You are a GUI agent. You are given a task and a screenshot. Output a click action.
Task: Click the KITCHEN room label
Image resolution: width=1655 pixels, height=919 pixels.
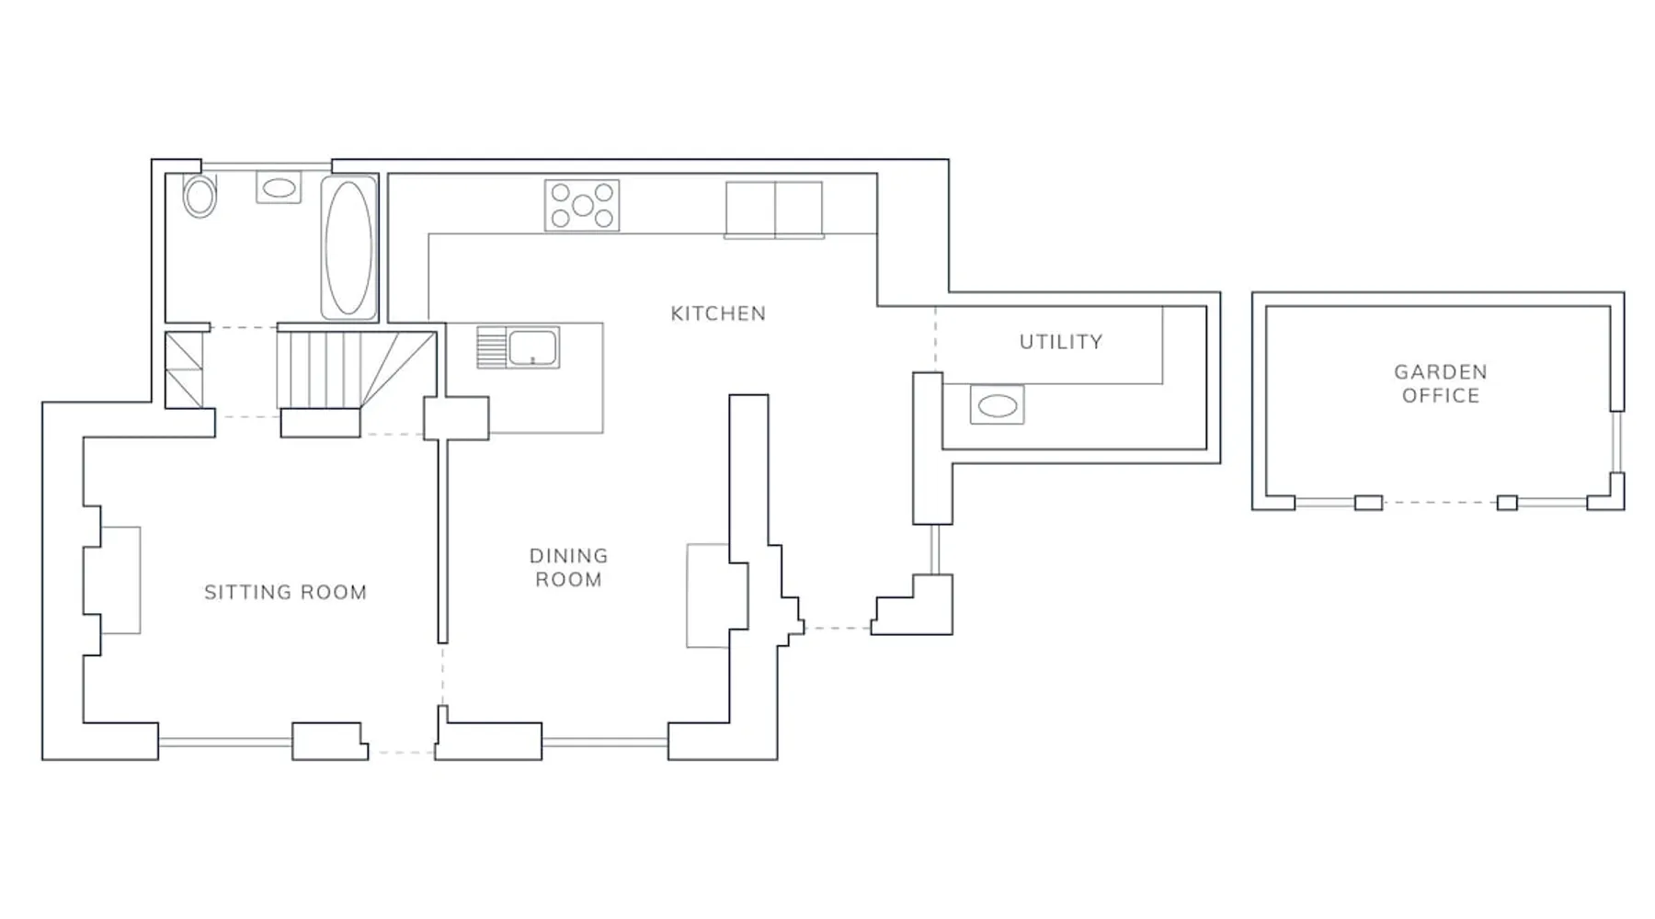click(718, 313)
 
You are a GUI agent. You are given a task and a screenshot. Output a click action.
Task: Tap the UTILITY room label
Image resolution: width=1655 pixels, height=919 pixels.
click(1061, 342)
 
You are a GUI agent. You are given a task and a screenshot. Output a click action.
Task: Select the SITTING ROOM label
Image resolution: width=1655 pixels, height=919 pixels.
click(286, 593)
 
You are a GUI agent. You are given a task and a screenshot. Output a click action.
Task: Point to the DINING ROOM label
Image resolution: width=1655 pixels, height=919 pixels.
click(569, 568)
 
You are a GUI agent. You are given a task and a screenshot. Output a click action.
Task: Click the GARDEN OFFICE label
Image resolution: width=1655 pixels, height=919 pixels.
click(1441, 384)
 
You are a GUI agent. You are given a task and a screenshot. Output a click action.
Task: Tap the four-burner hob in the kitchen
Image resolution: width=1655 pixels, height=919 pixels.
click(582, 205)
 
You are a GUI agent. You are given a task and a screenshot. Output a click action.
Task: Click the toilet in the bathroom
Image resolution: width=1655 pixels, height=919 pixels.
click(200, 196)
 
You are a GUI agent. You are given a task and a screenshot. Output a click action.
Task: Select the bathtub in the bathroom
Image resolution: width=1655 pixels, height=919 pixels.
click(348, 248)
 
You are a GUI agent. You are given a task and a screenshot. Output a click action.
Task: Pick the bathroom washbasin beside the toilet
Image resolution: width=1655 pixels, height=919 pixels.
click(279, 188)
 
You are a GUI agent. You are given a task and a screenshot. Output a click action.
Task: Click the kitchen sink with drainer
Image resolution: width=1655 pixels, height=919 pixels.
click(518, 347)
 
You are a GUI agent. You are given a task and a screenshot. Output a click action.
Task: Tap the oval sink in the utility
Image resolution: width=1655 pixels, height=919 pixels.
click(997, 405)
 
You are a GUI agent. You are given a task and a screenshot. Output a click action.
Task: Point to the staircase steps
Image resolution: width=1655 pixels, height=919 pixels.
click(356, 369)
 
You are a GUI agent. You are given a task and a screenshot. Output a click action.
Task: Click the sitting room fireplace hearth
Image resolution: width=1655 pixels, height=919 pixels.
click(120, 580)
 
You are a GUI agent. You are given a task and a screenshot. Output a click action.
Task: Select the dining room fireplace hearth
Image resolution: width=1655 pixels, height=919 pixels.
click(708, 596)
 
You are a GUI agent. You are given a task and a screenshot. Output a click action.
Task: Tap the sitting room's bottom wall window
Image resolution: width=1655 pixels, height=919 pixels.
click(225, 742)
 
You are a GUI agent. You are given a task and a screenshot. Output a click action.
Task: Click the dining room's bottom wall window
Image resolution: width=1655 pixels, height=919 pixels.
click(605, 742)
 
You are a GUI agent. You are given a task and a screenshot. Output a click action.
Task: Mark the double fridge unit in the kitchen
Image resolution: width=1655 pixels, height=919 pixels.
click(774, 210)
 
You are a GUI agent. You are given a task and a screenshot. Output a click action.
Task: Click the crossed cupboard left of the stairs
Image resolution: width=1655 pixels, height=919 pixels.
click(184, 369)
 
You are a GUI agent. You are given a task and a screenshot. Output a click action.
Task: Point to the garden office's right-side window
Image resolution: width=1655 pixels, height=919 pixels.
click(1617, 442)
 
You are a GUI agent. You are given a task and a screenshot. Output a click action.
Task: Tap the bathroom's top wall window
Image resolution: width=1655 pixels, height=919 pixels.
click(267, 166)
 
